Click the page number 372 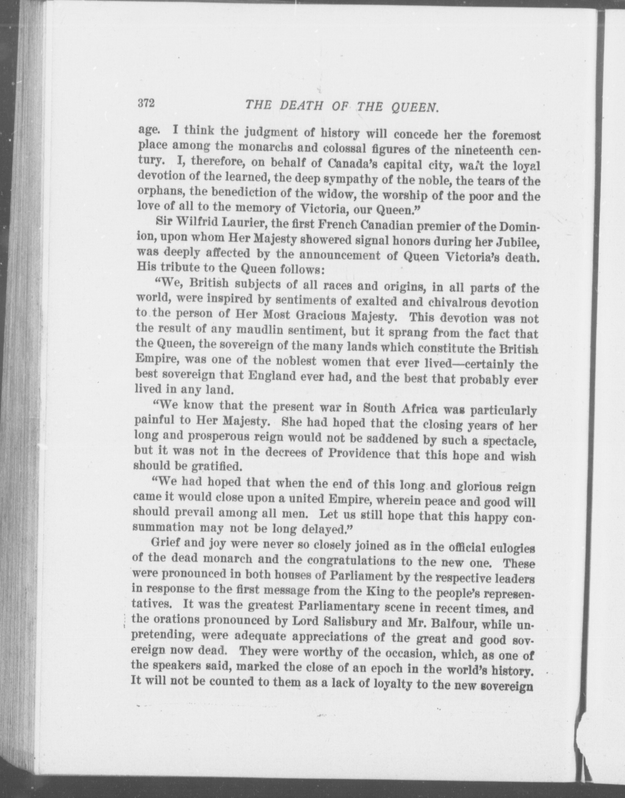pos(147,103)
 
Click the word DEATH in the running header pos(301,106)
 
